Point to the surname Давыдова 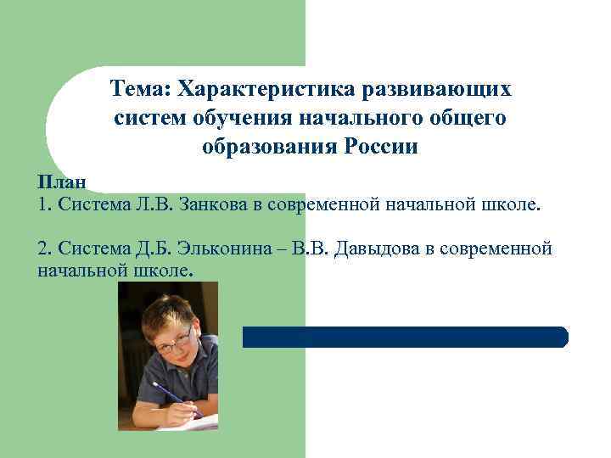click(378, 249)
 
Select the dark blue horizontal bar click(405, 338)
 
